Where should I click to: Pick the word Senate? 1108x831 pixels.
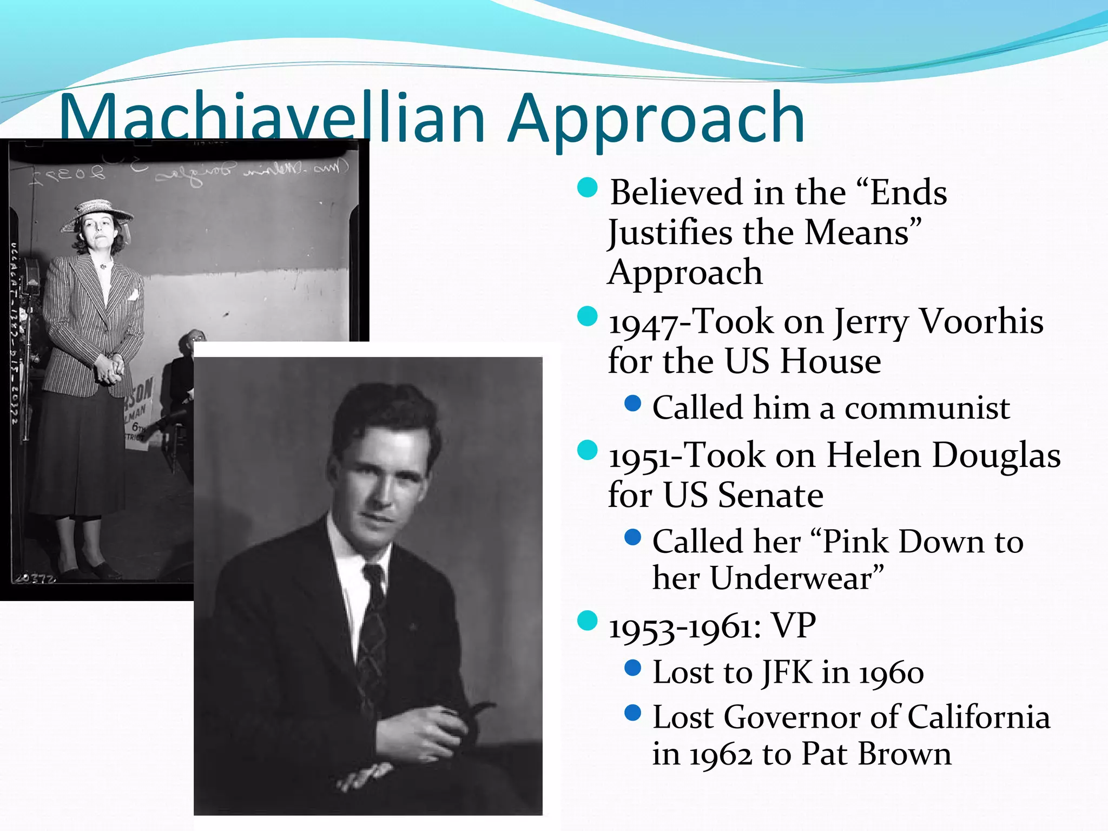pos(770,494)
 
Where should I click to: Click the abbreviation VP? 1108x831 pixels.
pos(793,626)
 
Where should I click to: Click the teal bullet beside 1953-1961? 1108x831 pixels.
pos(587,621)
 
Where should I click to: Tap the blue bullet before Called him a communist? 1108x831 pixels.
pos(632,403)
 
